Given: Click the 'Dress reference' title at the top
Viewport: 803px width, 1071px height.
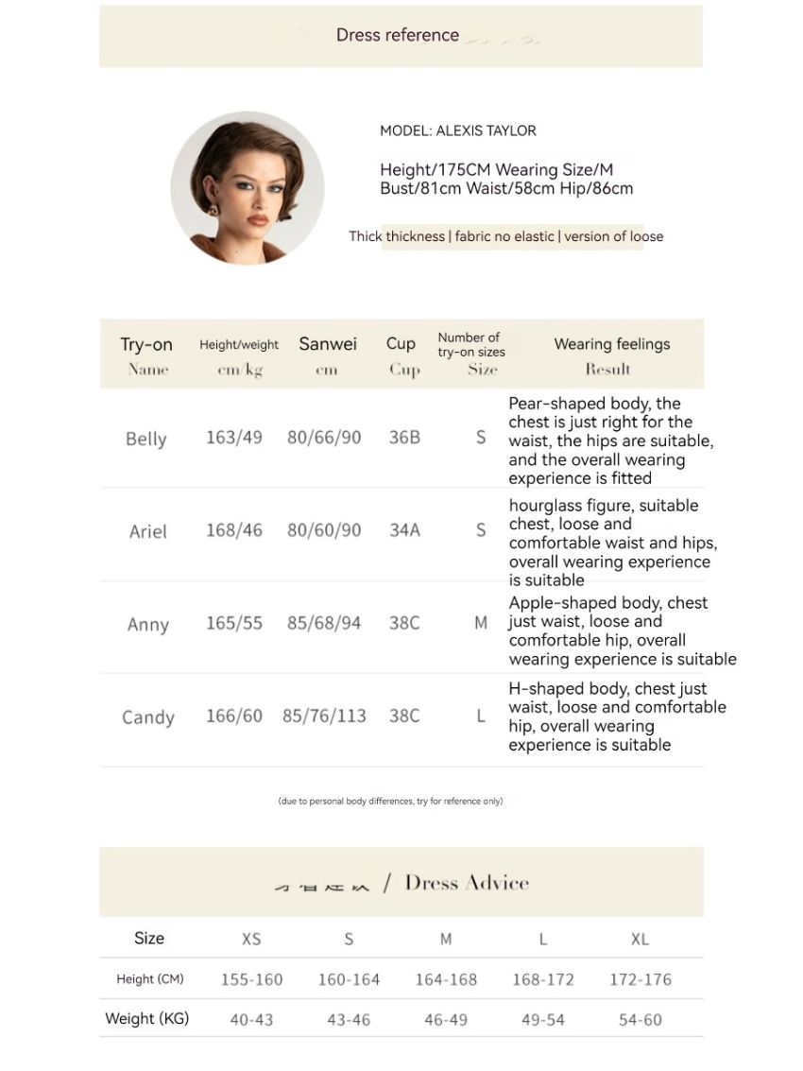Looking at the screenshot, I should [x=398, y=36].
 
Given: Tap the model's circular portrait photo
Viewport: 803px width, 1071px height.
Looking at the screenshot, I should [x=248, y=188].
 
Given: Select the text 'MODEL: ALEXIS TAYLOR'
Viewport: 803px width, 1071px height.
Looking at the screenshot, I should [x=458, y=131].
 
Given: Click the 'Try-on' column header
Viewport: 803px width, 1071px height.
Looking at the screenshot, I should [x=146, y=345].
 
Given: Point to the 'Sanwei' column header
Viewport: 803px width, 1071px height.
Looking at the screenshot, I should [x=328, y=344].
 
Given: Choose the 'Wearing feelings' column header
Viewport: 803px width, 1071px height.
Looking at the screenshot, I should [x=611, y=344].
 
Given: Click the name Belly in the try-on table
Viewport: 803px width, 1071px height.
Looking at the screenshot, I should [x=145, y=439].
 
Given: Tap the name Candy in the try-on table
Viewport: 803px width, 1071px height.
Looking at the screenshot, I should [x=148, y=717].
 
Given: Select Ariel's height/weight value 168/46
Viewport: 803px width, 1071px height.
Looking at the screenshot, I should [x=234, y=530].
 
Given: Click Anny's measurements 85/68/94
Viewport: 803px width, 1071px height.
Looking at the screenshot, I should [x=324, y=624].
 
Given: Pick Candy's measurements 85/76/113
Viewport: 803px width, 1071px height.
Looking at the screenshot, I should [x=324, y=717].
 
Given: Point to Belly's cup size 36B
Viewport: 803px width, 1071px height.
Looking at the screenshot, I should [x=404, y=438].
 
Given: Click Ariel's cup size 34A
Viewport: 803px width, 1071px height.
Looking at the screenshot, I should [x=404, y=530].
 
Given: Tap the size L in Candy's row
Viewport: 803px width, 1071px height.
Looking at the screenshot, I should [x=481, y=717].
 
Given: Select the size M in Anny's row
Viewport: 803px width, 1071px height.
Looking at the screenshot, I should [x=481, y=624].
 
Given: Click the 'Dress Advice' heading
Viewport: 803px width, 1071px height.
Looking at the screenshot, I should [x=467, y=883].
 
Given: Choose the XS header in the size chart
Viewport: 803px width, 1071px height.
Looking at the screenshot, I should [x=251, y=940].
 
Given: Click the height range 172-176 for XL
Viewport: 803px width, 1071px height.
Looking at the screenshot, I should [x=641, y=980].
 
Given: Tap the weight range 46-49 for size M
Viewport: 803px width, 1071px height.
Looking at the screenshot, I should [x=446, y=1020].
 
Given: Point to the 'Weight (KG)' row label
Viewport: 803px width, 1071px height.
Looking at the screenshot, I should [x=146, y=1019].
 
